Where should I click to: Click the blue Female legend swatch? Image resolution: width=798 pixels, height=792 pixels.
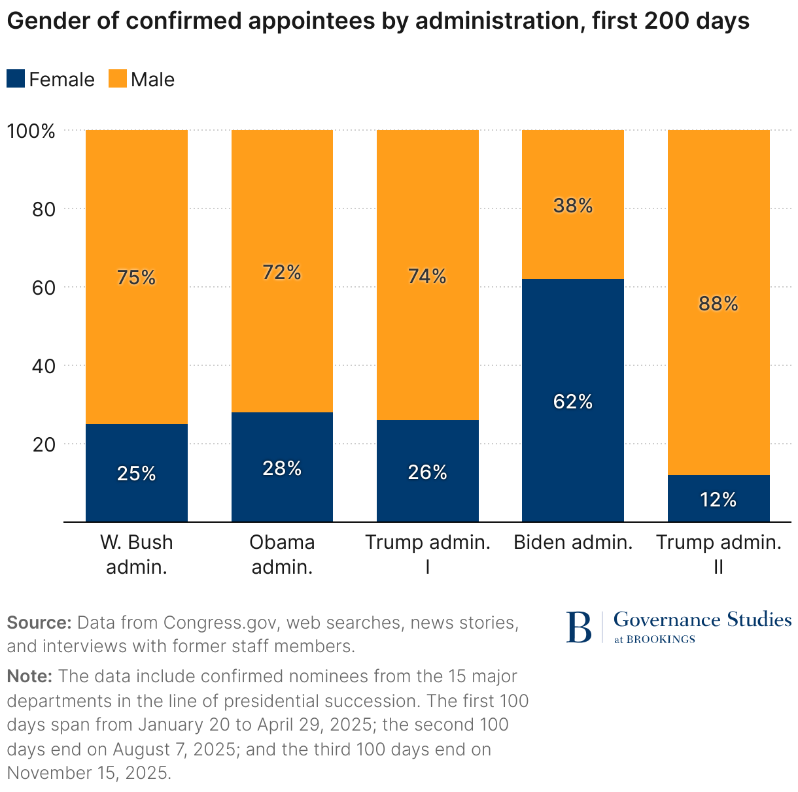(16, 79)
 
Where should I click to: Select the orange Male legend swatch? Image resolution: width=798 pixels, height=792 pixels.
(117, 79)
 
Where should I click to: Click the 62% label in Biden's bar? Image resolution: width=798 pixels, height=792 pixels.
(573, 401)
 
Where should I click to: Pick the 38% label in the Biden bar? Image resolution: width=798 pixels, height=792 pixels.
(573, 206)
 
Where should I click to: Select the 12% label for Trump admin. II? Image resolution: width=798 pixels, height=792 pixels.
(718, 500)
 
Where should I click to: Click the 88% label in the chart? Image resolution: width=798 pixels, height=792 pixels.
(718, 303)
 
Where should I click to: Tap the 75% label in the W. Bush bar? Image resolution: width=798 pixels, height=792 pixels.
(137, 278)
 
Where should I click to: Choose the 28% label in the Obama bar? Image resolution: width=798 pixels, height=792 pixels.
(282, 468)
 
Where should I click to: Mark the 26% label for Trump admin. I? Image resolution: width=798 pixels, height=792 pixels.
(428, 472)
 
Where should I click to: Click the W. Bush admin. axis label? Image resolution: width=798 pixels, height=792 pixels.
(137, 554)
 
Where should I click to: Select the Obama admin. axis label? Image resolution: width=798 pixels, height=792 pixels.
(282, 554)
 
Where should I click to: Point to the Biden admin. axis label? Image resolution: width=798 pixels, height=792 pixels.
(573, 542)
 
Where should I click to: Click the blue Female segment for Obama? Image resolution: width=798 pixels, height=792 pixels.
(282, 497)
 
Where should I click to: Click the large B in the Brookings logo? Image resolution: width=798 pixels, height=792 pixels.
(578, 627)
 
